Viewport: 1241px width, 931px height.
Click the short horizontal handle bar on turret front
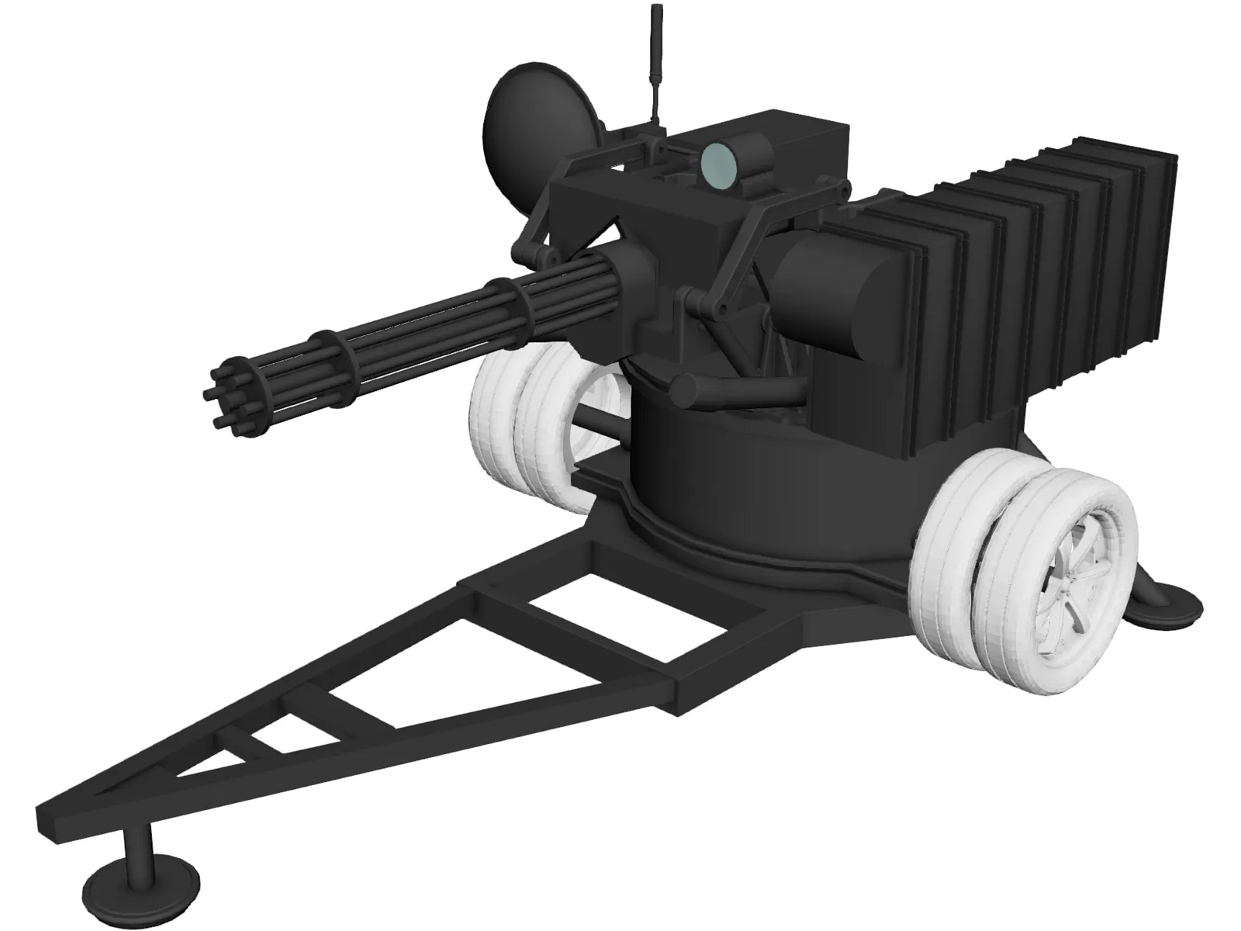pos(737,387)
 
